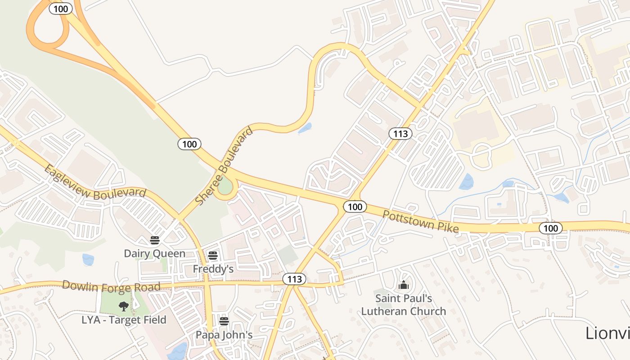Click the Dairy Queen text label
click(154, 253)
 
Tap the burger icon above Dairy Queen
click(155, 240)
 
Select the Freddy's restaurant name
click(213, 269)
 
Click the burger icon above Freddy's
click(213, 256)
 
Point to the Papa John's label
click(224, 335)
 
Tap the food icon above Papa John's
click(224, 321)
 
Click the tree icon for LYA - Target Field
click(124, 306)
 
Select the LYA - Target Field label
click(124, 320)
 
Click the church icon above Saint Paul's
click(404, 285)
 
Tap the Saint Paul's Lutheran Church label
click(404, 305)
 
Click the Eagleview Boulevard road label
click(95, 181)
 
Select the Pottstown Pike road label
click(420, 221)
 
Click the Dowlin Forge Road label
click(111, 286)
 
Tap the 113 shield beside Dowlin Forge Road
click(294, 279)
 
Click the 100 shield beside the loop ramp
click(61, 9)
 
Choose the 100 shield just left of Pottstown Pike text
click(355, 207)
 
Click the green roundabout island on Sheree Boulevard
click(225, 188)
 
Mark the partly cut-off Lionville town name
click(607, 333)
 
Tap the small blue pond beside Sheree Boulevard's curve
click(305, 129)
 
